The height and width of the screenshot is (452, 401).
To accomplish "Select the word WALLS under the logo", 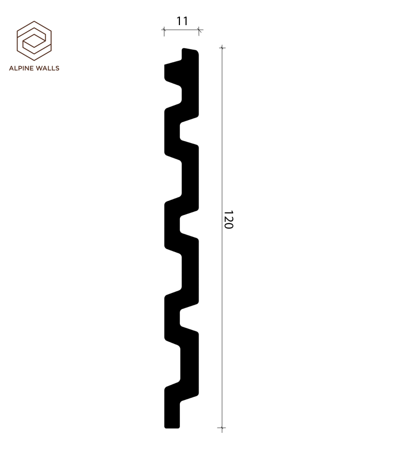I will (x=48, y=68).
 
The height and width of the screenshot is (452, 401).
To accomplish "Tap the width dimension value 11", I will (x=182, y=21).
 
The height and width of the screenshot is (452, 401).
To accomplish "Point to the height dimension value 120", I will (x=229, y=219).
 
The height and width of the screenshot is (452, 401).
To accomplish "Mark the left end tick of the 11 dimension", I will (x=164, y=31).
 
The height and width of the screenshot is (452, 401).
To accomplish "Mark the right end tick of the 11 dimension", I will (x=199, y=31).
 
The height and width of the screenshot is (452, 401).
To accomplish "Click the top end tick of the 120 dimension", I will (x=223, y=48).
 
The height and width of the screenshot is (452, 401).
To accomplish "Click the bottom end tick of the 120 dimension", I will (x=223, y=429).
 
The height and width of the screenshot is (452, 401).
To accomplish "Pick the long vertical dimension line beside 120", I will (x=223, y=301).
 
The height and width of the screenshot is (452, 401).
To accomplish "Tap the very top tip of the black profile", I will (x=190, y=50).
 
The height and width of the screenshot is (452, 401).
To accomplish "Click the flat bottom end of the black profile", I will (x=172, y=427).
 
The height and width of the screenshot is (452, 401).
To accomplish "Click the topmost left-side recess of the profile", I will (x=172, y=92).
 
